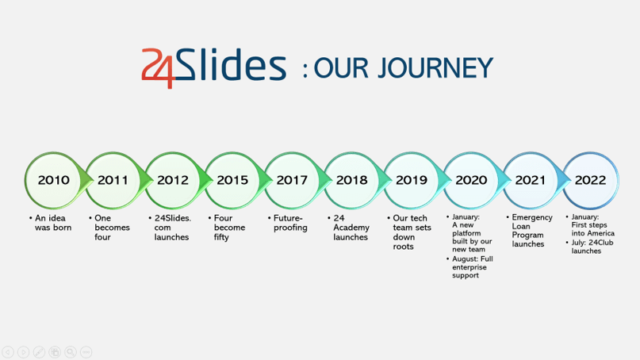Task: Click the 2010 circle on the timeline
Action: point(53,181)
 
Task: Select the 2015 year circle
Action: point(232,181)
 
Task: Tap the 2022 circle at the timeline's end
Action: point(590,181)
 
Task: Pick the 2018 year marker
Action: point(351,181)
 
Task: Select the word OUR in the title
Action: point(341,67)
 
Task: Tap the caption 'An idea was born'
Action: point(51,223)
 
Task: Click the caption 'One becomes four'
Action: point(109,228)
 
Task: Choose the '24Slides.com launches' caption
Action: point(170,228)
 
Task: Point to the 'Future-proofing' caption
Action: point(288,223)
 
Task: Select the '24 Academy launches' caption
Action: point(349,228)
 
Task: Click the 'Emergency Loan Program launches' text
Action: point(530,231)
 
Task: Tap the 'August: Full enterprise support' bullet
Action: point(469,267)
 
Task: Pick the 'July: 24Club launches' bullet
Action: point(589,247)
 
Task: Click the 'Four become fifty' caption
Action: point(227,228)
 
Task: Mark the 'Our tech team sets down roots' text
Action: point(409,232)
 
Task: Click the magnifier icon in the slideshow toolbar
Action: point(71,352)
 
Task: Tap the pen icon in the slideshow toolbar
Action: point(39,352)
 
